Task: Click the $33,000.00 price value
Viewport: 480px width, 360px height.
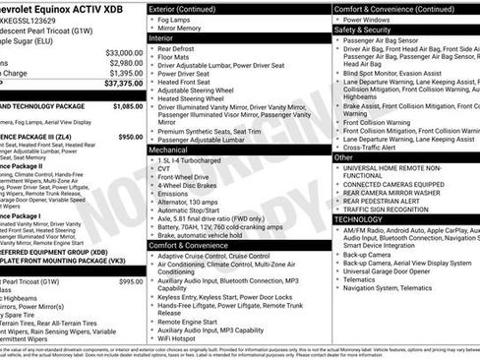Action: point(124,52)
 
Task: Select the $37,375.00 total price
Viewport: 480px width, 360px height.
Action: point(124,84)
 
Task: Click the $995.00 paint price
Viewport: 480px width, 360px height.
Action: point(131,281)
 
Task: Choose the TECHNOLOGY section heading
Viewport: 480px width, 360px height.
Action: point(358,219)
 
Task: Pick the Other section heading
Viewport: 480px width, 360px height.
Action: point(343,156)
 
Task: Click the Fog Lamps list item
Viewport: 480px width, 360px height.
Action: point(176,20)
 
